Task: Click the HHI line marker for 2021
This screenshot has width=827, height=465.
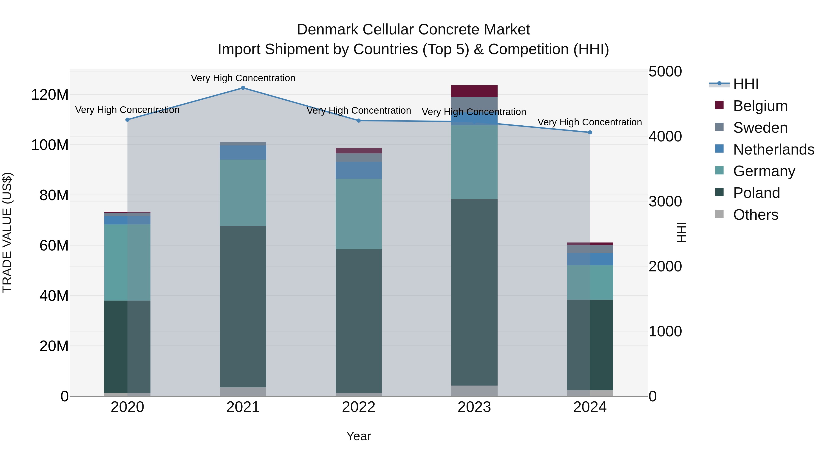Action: coord(243,88)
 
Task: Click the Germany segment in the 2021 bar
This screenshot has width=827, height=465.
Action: coord(243,193)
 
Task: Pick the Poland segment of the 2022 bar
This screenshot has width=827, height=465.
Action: coord(359,321)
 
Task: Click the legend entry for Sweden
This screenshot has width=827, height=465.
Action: coord(760,128)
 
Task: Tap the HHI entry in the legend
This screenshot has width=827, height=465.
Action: coord(746,84)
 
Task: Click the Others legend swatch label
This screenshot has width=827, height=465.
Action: coord(755,215)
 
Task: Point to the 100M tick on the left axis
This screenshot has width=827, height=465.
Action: coord(50,145)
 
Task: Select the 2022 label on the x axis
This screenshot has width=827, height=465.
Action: coord(359,407)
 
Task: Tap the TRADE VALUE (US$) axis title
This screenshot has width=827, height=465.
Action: coord(7,232)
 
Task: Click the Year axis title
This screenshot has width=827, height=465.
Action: coord(359,436)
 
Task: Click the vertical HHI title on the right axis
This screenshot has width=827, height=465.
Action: coord(681,232)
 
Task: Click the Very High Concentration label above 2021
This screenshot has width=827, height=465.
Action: coord(243,78)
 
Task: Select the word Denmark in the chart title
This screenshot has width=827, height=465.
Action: coord(327,30)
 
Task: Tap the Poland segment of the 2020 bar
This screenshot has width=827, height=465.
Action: coord(127,347)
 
